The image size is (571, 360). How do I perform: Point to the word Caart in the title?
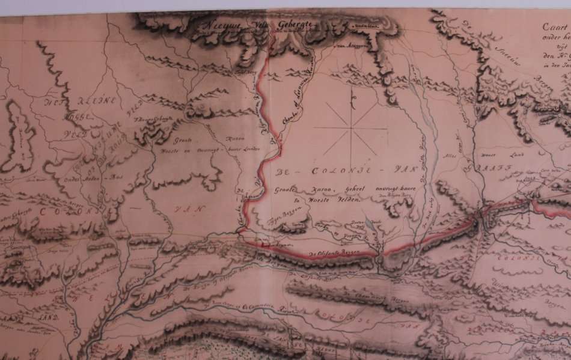tap(554, 26)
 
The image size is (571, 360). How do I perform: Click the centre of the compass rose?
tap(353, 127)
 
